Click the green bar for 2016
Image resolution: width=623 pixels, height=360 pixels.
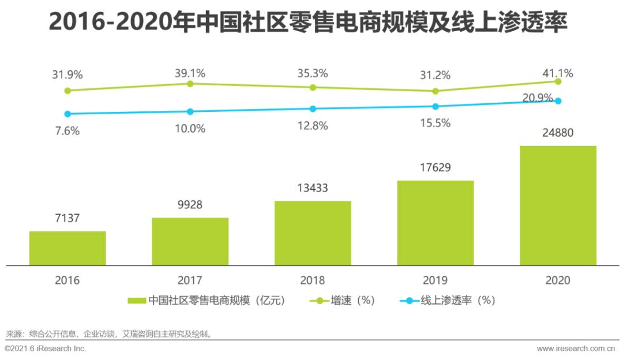click(x=67, y=248)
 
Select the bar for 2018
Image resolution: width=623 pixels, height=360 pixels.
click(x=313, y=233)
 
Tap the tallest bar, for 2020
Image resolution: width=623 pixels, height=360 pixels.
click(x=558, y=205)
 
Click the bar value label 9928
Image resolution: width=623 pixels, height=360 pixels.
click(x=190, y=205)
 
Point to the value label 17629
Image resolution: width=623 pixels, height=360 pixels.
click(x=436, y=168)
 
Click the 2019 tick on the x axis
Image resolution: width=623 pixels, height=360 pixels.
click(x=435, y=280)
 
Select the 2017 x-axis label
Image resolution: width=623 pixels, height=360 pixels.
click(x=190, y=280)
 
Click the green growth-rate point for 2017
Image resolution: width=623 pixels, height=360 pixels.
click(x=190, y=84)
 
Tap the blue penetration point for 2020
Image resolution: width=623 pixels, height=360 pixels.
click(x=558, y=100)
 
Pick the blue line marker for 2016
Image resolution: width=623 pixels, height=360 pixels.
click(x=67, y=114)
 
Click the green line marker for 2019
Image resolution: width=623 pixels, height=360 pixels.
click(x=436, y=91)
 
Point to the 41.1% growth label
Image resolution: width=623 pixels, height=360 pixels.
click(x=558, y=73)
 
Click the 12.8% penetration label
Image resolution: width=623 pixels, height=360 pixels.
click(x=313, y=125)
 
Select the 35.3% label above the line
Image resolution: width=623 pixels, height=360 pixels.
click(x=313, y=73)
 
